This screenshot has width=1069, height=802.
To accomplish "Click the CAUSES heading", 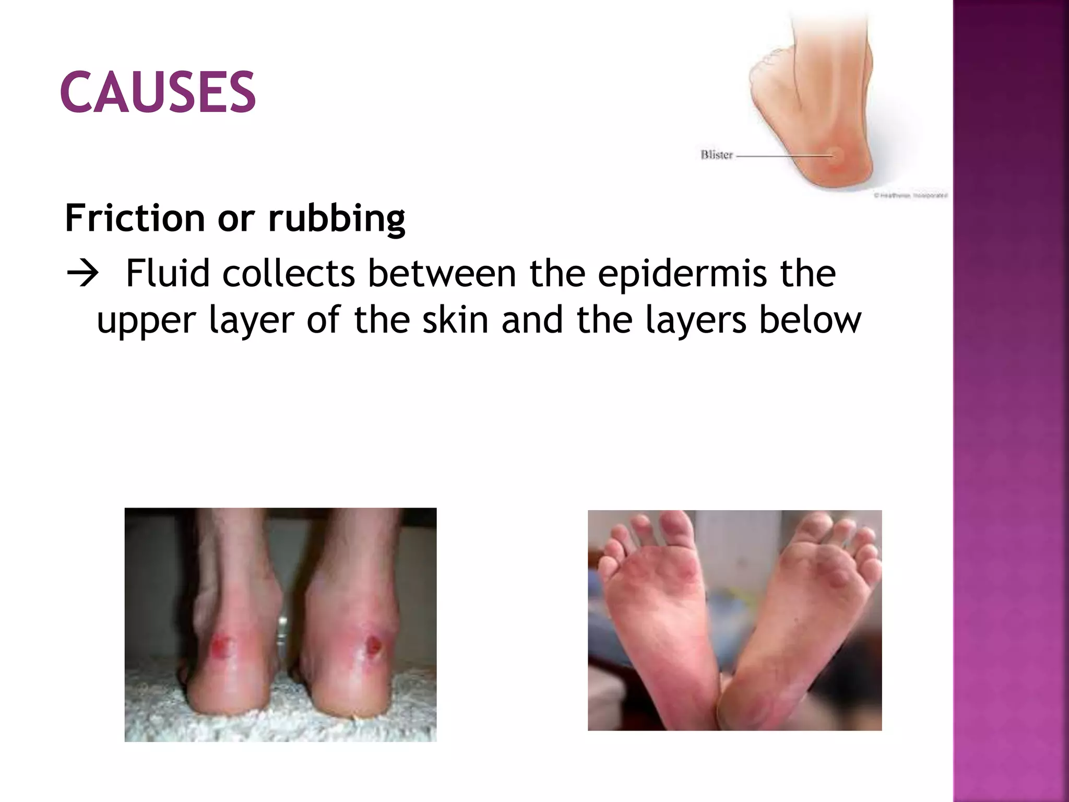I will (158, 92).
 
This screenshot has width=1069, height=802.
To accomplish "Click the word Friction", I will (135, 218).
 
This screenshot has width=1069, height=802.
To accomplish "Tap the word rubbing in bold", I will (337, 218).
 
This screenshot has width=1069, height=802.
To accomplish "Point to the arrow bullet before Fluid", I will (82, 274).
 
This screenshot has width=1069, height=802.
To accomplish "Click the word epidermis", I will (682, 274).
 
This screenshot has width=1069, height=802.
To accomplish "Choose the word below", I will (810, 320).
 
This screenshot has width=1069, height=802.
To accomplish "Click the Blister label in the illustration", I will (716, 155).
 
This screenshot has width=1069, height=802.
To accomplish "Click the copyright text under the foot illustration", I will (910, 196).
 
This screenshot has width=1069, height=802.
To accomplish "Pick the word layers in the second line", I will (696, 321).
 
